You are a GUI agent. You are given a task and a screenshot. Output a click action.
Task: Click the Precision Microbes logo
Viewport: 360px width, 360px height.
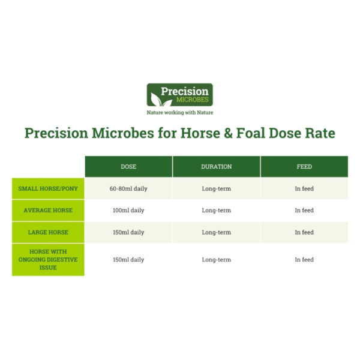pyautogui.click(x=180, y=95)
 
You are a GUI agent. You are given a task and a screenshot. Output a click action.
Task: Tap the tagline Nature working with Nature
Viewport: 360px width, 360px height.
pyautogui.click(x=180, y=112)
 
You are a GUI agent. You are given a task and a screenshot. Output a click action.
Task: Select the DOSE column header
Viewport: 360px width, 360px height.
pyautogui.click(x=128, y=167)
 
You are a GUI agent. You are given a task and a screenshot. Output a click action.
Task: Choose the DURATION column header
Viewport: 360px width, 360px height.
pyautogui.click(x=216, y=167)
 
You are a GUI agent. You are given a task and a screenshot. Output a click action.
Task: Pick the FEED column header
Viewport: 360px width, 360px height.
pyautogui.click(x=304, y=167)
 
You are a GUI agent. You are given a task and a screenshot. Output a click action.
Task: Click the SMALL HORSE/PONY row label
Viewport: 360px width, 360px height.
pyautogui.click(x=48, y=188)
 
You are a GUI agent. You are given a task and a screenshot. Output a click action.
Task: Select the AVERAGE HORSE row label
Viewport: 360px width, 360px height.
pyautogui.click(x=48, y=211)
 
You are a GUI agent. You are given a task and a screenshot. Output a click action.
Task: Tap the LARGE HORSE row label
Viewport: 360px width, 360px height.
pyautogui.click(x=48, y=232)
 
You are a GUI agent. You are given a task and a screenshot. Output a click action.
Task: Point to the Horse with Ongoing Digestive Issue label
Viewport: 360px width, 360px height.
pyautogui.click(x=48, y=260)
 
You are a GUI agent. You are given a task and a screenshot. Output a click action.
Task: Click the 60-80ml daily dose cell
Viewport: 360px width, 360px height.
pyautogui.click(x=128, y=188)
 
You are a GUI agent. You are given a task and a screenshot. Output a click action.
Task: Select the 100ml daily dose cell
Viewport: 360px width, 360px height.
pyautogui.click(x=128, y=211)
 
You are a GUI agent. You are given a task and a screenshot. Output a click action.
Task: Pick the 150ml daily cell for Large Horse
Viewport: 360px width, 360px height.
pyautogui.click(x=128, y=232)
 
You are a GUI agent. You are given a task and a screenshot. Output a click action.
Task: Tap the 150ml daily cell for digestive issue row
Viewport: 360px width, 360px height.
pyautogui.click(x=128, y=260)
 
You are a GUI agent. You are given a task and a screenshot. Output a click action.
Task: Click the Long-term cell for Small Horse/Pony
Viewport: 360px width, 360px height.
pyautogui.click(x=216, y=188)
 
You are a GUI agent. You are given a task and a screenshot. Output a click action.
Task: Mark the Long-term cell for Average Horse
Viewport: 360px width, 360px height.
pyautogui.click(x=216, y=211)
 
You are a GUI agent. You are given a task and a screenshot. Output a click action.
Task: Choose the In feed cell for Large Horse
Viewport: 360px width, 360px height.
pyautogui.click(x=304, y=232)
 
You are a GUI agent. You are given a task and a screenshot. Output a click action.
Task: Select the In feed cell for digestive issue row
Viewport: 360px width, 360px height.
pyautogui.click(x=304, y=260)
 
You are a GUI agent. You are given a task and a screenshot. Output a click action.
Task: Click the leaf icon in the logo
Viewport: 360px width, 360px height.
pyautogui.click(x=157, y=95)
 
